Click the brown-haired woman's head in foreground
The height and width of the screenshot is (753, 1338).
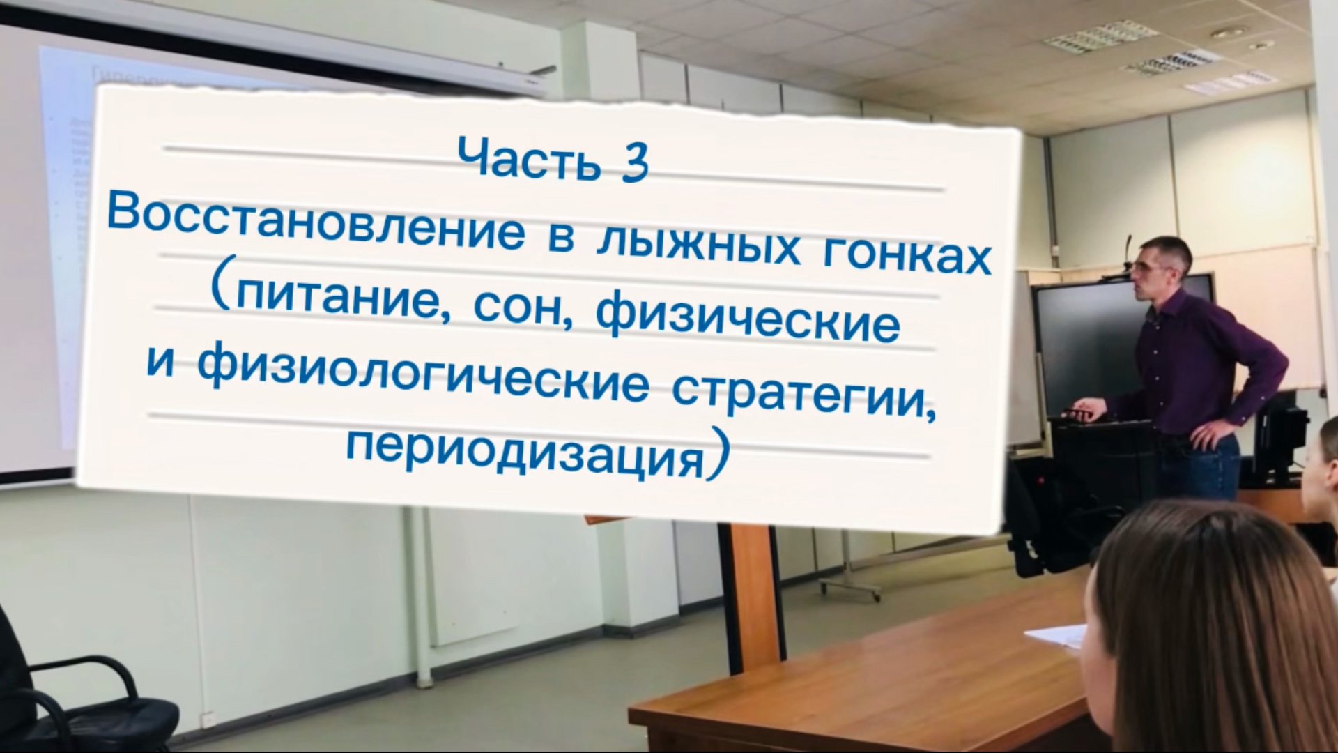click(x=1213, y=627)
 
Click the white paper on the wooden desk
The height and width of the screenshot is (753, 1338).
click(x=1056, y=634)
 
